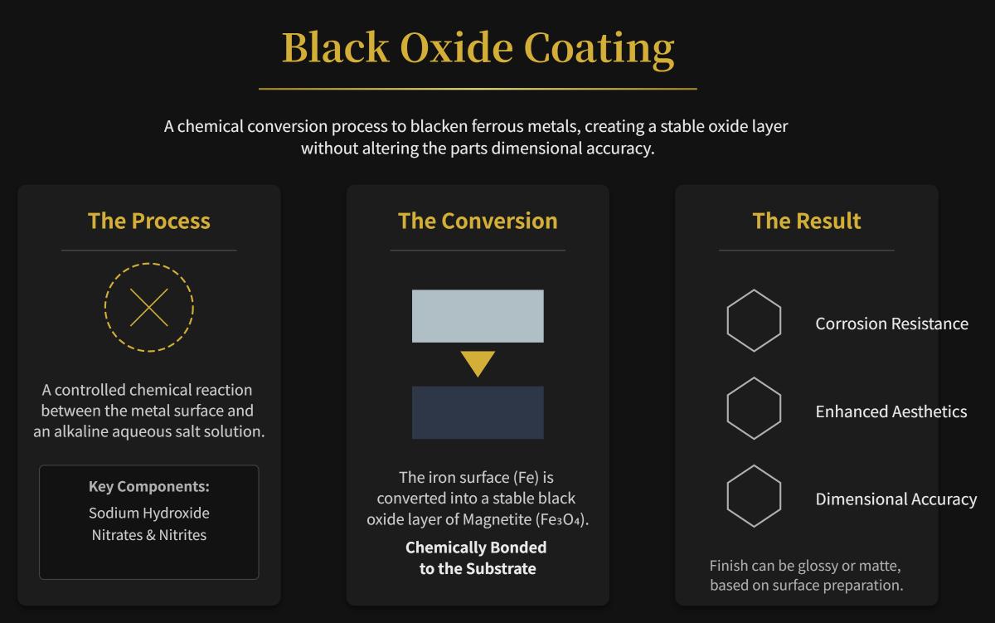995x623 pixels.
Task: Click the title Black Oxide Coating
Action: point(478,48)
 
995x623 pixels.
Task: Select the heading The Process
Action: point(149,221)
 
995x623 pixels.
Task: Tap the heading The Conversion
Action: point(478,221)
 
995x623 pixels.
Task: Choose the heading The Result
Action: point(807,221)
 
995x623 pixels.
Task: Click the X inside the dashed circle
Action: point(149,308)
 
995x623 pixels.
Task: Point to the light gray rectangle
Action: point(478,316)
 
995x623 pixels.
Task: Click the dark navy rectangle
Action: point(478,412)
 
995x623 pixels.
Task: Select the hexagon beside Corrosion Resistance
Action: point(754,321)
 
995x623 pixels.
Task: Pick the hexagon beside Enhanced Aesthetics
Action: point(754,409)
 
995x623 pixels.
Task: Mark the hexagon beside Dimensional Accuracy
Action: point(754,496)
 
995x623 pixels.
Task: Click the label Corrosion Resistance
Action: point(891,324)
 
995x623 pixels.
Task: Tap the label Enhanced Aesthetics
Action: point(891,411)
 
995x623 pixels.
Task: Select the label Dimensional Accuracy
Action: point(895,499)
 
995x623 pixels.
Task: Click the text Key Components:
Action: point(149,486)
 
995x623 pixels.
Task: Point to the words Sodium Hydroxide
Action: point(149,513)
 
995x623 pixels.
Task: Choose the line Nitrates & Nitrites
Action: point(149,535)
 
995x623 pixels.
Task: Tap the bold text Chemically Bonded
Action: point(476,548)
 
